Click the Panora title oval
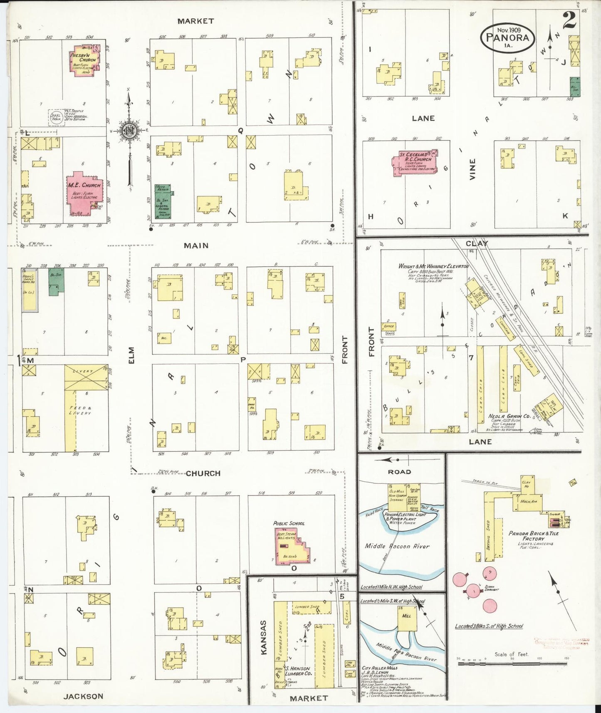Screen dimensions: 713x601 (x=508, y=37)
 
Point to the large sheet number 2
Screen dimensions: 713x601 (x=569, y=20)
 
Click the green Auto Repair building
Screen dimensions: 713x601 (x=164, y=202)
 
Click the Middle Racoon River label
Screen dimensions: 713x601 (x=397, y=546)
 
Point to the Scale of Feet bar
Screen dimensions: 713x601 (x=512, y=663)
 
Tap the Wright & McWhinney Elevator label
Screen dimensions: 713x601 (x=433, y=266)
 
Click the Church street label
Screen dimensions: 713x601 (x=203, y=473)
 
